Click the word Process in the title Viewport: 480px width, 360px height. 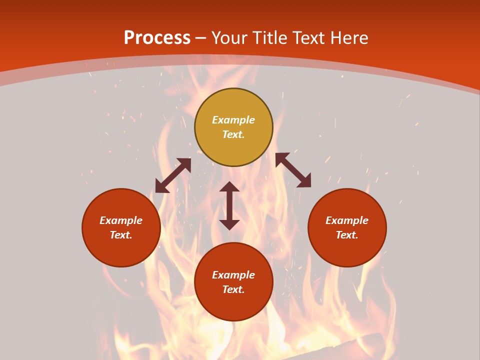click(157, 38)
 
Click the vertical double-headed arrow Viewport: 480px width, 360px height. click(229, 205)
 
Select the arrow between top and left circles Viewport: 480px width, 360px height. click(173, 175)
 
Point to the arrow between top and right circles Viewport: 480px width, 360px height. click(293, 170)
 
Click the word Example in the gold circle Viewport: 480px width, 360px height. click(233, 120)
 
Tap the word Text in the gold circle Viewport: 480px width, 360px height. click(233, 134)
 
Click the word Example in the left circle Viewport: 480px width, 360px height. click(121, 220)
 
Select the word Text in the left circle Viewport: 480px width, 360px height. click(121, 235)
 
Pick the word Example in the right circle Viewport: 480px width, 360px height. click(347, 220)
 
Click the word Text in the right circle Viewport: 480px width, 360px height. click(347, 235)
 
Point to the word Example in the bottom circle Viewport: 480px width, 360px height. click(233, 275)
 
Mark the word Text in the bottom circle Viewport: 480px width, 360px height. click(233, 289)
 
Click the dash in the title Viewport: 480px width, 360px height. click(201, 38)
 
